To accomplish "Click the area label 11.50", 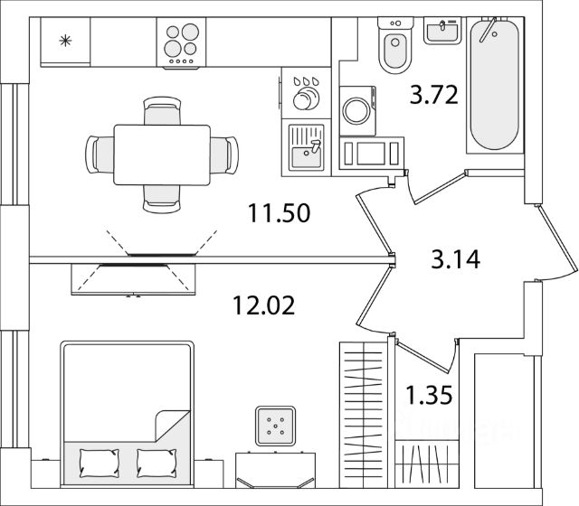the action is tap(280, 214).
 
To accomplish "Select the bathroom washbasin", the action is tap(444, 33).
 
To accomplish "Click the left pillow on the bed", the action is tap(99, 463).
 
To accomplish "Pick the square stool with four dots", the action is tap(275, 425).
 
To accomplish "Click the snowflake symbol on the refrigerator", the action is tap(64, 40).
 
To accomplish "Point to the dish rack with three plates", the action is tap(307, 91).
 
